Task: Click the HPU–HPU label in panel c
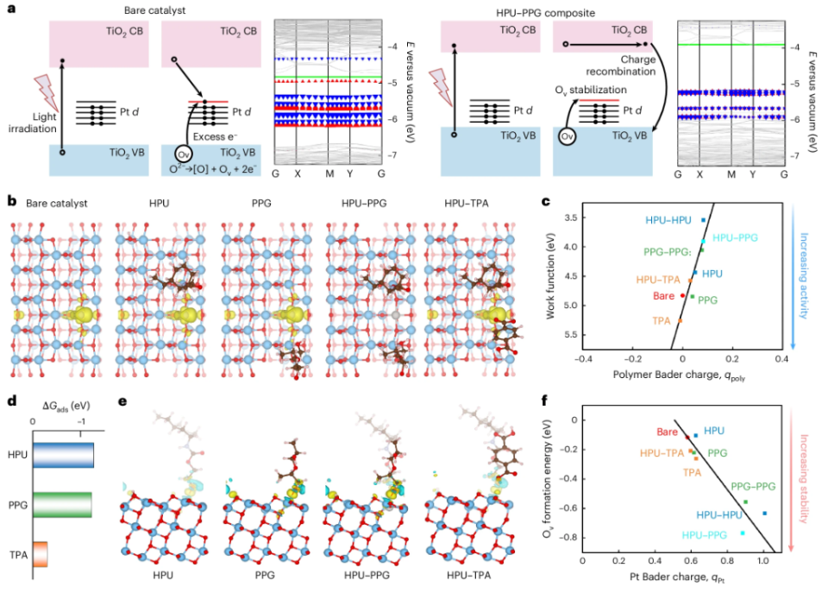(669, 220)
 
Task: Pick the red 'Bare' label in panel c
(663, 295)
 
